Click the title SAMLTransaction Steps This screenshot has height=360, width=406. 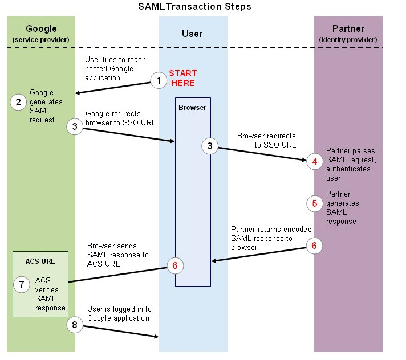coord(194,7)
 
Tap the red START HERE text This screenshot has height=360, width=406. coord(182,79)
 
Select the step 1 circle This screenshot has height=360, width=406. coord(159,81)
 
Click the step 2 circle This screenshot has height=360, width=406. coord(19,102)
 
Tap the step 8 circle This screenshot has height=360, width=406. coord(75,325)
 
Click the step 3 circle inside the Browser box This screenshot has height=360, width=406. coord(210,146)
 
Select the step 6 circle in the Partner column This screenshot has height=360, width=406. coord(315,246)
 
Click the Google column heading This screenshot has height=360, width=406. coord(41,28)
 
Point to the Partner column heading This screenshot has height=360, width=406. coord(348,28)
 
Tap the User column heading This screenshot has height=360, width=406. coord(192,34)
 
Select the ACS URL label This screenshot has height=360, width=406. coord(39,261)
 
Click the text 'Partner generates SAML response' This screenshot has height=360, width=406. coord(342,207)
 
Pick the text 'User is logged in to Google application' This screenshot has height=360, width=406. coord(119,313)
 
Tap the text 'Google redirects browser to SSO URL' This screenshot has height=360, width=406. coord(119,118)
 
